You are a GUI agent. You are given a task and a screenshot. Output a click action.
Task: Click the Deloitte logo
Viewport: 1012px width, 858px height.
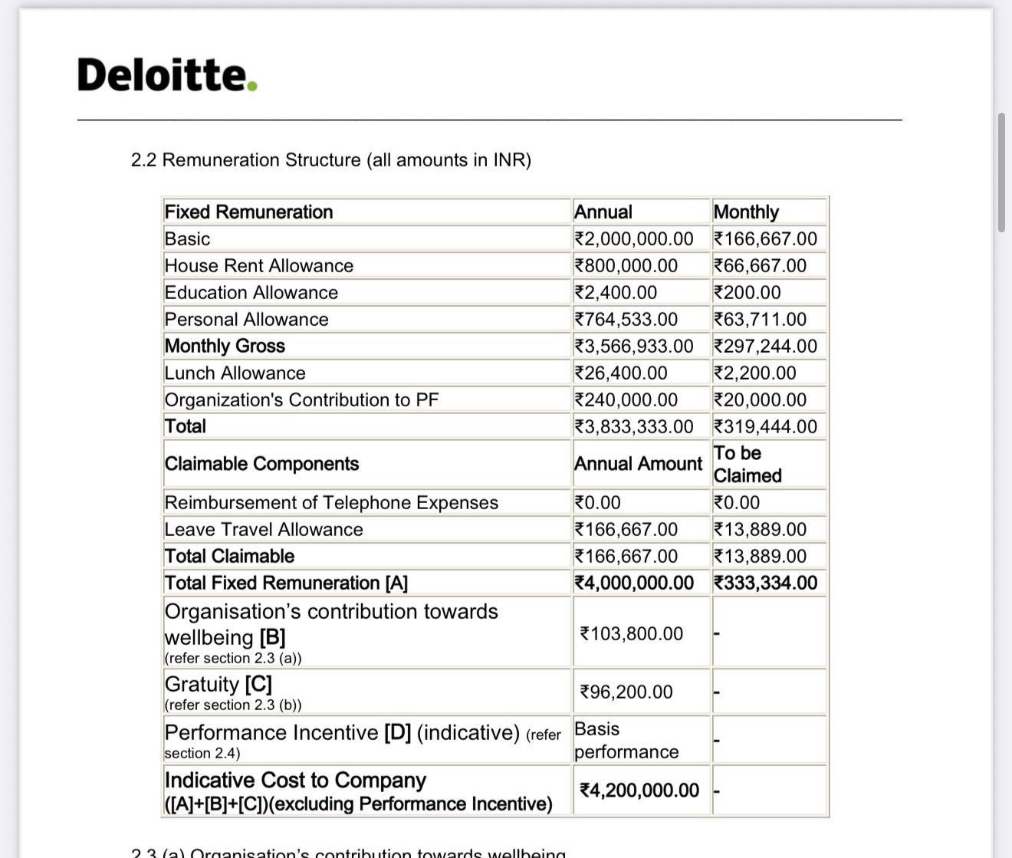166,75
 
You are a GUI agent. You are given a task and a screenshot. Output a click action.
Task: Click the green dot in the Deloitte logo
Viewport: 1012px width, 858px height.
252,86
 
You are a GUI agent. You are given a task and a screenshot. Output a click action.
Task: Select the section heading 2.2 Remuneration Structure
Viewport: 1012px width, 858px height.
330,160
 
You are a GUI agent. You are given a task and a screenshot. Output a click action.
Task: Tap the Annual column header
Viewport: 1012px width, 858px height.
603,212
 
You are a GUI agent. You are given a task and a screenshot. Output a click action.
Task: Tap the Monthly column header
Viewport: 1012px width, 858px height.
746,212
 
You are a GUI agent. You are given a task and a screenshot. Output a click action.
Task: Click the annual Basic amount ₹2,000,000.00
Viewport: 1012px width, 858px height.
634,239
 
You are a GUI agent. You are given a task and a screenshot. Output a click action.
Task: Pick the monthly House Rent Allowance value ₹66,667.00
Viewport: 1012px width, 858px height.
760,266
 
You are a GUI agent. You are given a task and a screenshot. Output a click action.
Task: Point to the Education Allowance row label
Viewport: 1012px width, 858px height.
251,293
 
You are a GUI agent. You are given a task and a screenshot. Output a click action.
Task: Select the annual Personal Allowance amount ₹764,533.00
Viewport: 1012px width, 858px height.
626,320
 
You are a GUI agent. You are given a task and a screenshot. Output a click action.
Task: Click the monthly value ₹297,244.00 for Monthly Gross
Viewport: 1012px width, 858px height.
765,347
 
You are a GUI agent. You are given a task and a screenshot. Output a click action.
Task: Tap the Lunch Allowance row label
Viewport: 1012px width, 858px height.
235,373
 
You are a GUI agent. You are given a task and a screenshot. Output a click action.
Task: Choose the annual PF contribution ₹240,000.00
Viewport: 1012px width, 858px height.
626,400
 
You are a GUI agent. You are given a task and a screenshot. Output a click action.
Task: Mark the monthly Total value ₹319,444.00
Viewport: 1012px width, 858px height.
765,427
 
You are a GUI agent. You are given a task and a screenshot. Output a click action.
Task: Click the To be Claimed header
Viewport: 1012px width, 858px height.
747,465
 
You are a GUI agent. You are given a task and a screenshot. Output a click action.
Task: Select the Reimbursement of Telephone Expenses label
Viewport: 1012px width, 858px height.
331,503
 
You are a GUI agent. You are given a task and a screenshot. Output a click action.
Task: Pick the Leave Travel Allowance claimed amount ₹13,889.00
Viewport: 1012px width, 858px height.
760,530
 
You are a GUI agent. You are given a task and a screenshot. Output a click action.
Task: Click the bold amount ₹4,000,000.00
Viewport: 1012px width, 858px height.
634,584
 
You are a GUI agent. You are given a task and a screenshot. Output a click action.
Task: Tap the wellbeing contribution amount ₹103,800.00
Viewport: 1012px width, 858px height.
632,634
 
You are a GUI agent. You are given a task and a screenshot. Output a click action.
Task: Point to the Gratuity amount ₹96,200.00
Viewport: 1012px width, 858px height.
626,692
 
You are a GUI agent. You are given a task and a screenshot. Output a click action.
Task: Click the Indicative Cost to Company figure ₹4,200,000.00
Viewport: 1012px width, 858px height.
639,791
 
